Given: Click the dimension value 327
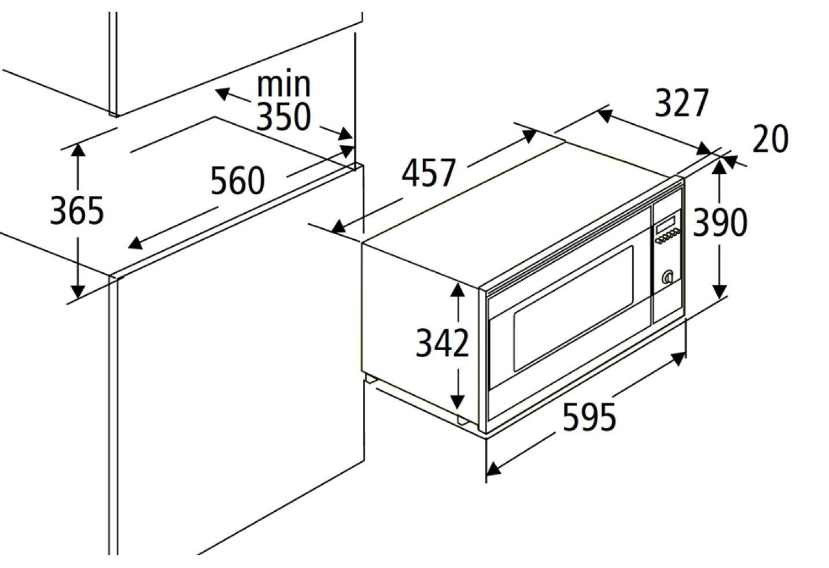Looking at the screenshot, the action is (x=681, y=103).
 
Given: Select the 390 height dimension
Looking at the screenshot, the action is (x=720, y=222).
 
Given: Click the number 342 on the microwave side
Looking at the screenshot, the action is (x=442, y=343).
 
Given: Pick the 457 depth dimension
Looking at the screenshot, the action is (x=428, y=173).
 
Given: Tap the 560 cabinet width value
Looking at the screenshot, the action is (x=238, y=180).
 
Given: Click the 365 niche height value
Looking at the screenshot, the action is (x=76, y=211).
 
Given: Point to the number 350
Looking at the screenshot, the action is (x=283, y=116).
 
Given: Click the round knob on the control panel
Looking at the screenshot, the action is (x=668, y=277).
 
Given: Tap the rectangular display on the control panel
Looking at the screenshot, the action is (x=665, y=225).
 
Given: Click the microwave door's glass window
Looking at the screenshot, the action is (x=573, y=308).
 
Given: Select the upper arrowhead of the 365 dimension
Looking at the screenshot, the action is (x=78, y=150).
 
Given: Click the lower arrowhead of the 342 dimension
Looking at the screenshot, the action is (x=458, y=402).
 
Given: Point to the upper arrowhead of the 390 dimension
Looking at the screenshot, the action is (x=719, y=168).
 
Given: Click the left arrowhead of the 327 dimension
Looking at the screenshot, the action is (x=604, y=116).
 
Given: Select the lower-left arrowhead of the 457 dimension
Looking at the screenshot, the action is (x=338, y=226).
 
